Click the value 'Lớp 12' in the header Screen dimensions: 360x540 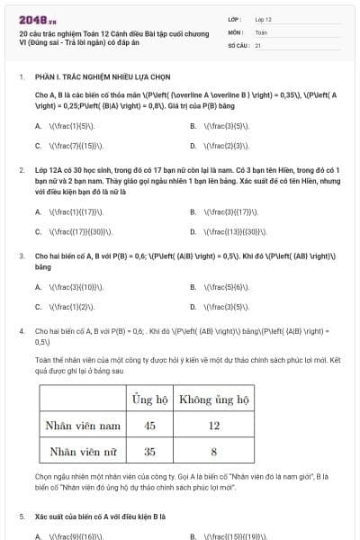263,18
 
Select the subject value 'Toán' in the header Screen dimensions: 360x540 261,31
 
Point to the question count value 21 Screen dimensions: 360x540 257,44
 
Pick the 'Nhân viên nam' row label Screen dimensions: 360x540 84,425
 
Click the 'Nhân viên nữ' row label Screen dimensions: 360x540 84,451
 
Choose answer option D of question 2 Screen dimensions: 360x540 227,230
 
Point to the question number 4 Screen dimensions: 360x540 21,331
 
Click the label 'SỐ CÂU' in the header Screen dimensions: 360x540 238,44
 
